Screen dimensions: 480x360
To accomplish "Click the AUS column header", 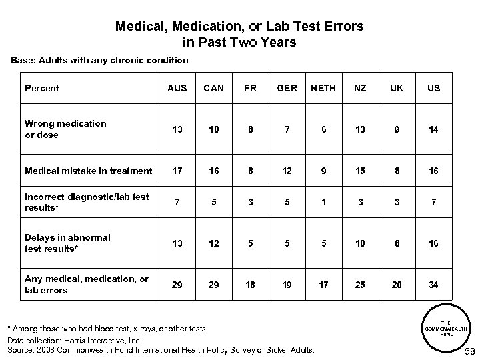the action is click(176, 88).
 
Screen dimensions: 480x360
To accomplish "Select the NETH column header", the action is click(323, 88).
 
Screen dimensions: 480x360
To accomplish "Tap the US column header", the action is click(433, 88).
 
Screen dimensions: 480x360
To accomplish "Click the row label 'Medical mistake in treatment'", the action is click(88, 171).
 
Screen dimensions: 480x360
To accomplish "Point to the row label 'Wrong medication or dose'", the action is click(65, 129).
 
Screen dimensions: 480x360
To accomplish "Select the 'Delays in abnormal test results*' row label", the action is click(67, 243).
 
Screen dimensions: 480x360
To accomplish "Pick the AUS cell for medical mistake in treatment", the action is click(176, 171).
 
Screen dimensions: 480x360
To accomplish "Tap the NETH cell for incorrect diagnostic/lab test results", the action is click(323, 201).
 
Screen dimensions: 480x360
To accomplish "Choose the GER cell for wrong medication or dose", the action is click(286, 129).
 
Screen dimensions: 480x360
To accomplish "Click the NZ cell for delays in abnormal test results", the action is click(360, 243).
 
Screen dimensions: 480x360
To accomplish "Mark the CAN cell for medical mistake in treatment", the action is click(213, 171).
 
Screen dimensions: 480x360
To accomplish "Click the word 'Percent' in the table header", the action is click(41, 88).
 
